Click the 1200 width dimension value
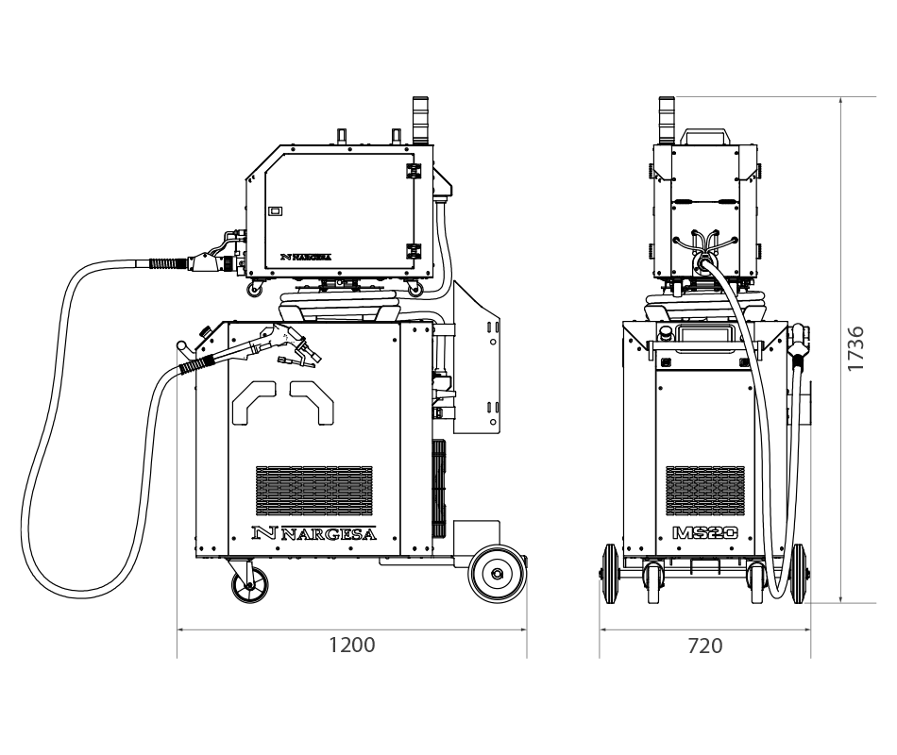(x=352, y=645)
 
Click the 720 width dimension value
(x=704, y=646)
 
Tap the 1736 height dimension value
(x=855, y=348)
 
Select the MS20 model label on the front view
(x=705, y=533)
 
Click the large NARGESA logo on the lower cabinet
(x=314, y=533)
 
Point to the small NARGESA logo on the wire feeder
(x=306, y=257)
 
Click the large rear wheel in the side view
(x=497, y=573)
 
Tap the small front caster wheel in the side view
(x=249, y=586)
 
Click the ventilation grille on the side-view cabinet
(x=314, y=490)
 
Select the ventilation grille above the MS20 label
(x=705, y=490)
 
